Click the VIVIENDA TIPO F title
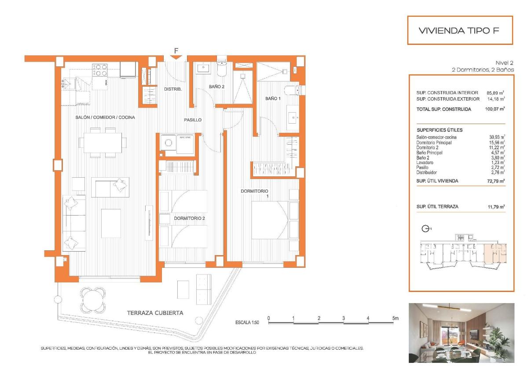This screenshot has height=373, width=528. [x=460, y=30]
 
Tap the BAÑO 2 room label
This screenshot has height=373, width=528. [x=216, y=87]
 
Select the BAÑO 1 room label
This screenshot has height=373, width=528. [x=273, y=99]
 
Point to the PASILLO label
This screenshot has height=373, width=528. [x=193, y=120]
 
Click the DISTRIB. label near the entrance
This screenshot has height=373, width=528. [x=173, y=89]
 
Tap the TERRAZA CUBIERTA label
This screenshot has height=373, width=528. [x=155, y=313]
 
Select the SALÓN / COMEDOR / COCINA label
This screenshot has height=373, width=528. [x=104, y=117]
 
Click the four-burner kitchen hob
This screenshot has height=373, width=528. [x=100, y=69]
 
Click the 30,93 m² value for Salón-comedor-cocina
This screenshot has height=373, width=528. [x=497, y=138]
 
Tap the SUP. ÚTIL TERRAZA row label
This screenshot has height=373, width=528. [x=437, y=206]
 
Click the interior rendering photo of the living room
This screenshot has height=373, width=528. [x=461, y=333]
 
